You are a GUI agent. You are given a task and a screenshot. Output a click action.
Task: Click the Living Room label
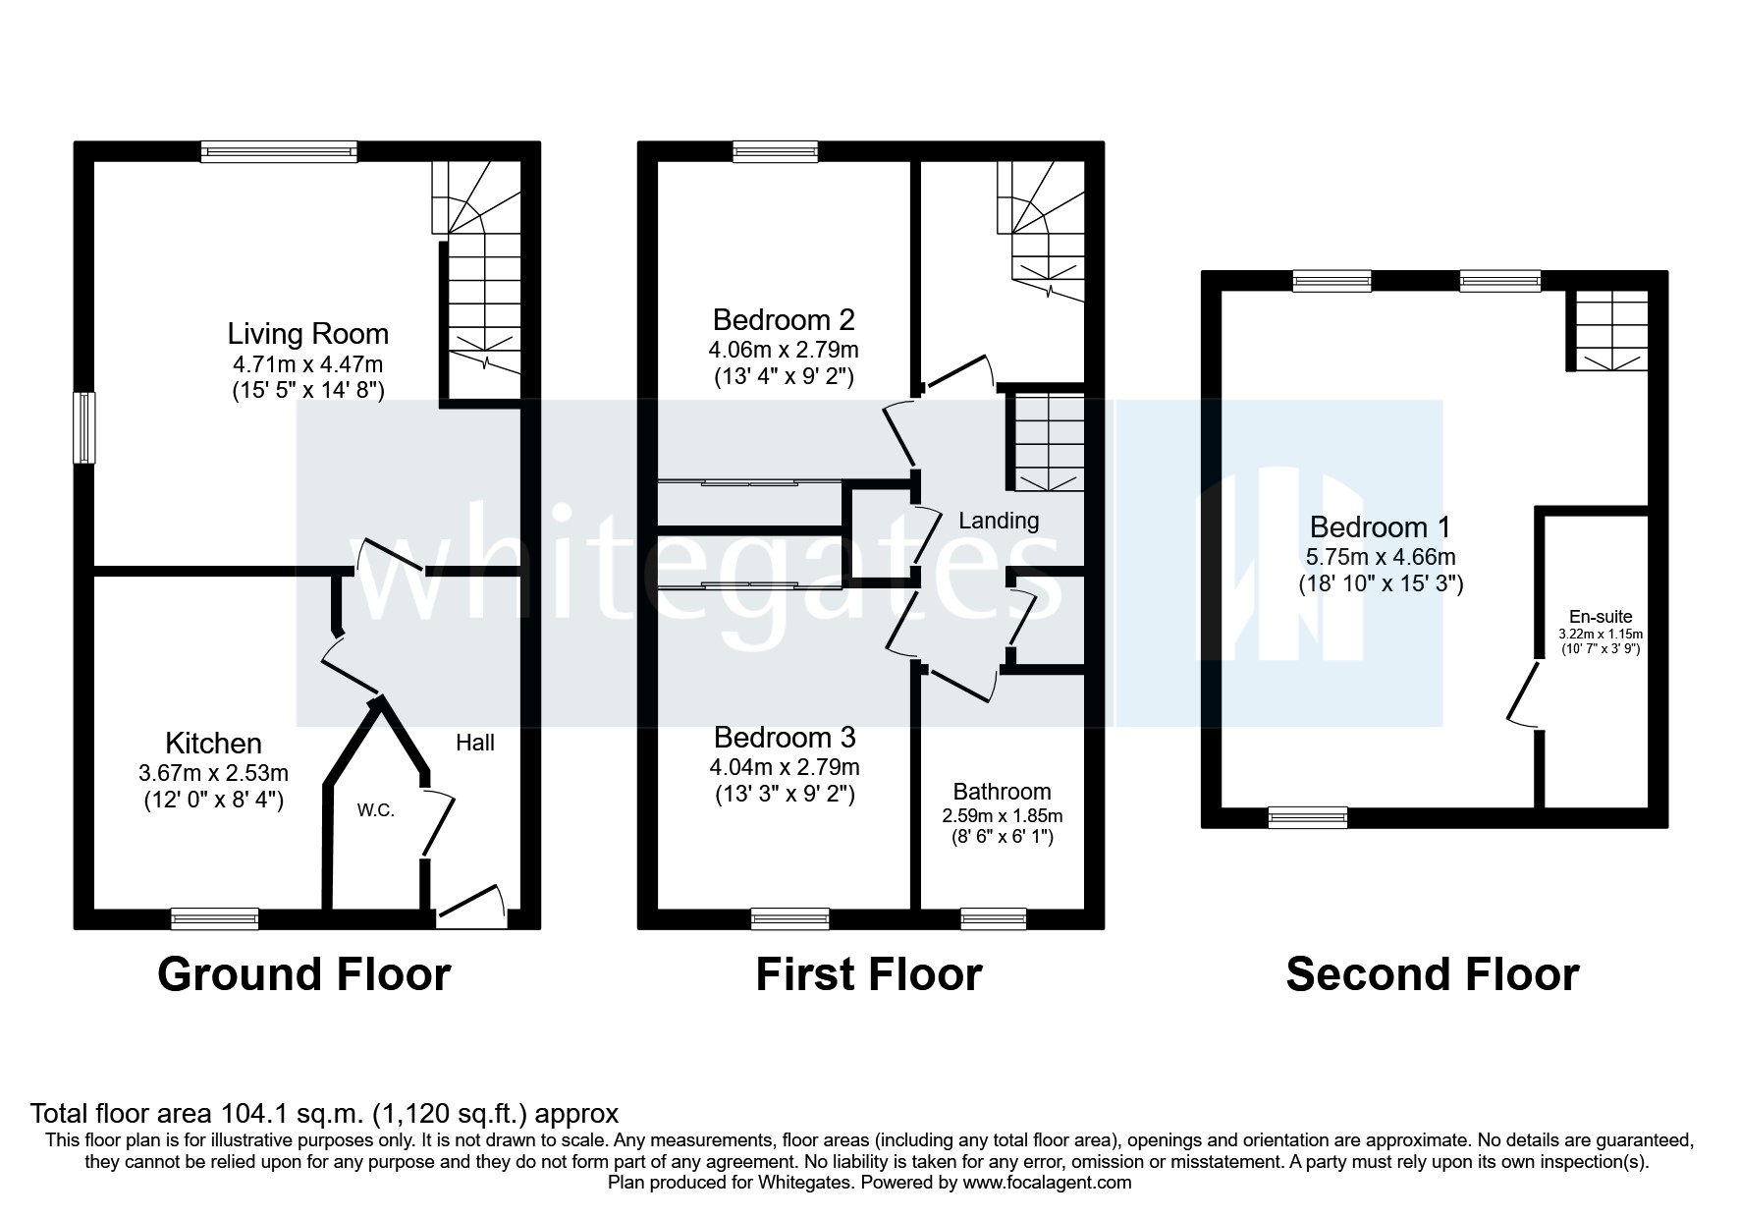pyautogui.click(x=308, y=334)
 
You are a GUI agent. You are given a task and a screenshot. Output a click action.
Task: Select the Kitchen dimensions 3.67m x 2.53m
pyautogui.click(x=213, y=774)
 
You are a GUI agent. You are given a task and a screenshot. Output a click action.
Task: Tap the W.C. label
pyautogui.click(x=375, y=811)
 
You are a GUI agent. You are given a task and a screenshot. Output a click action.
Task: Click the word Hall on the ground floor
pyautogui.click(x=474, y=744)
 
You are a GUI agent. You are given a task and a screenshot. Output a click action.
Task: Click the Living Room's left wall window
pyautogui.click(x=85, y=427)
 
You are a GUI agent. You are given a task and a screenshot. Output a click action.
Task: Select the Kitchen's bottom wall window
pyautogui.click(x=215, y=918)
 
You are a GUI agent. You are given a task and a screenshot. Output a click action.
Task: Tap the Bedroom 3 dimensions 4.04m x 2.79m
pyautogui.click(x=784, y=767)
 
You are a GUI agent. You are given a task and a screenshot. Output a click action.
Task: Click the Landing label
pyautogui.click(x=998, y=521)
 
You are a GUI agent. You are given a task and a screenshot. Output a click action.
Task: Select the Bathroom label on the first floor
pyautogui.click(x=1002, y=792)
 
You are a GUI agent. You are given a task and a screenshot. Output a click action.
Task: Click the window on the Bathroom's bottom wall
pyautogui.click(x=993, y=918)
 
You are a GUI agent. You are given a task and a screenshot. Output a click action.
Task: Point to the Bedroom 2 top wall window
pyautogui.click(x=775, y=151)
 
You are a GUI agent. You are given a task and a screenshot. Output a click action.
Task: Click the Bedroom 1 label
pyautogui.click(x=1380, y=527)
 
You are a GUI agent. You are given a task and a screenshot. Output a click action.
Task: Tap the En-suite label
pyautogui.click(x=1601, y=617)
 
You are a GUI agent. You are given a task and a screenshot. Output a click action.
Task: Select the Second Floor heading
pyautogui.click(x=1432, y=974)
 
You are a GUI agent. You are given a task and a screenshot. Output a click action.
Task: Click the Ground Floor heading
pyautogui.click(x=303, y=974)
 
